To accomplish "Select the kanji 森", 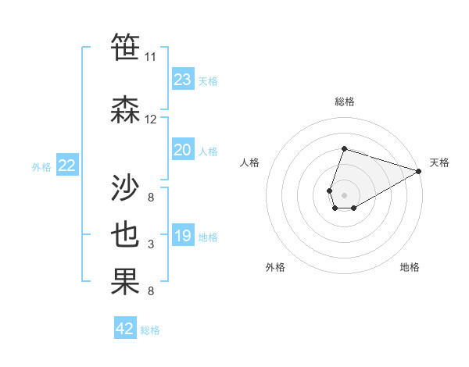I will [x=126, y=109].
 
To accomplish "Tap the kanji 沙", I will [x=126, y=188].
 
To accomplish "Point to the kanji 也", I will [x=126, y=235].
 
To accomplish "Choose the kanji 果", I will [x=126, y=282].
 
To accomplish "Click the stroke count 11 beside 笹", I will [x=150, y=57].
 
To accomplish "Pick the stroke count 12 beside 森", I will [x=150, y=119].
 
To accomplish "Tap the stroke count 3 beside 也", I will [x=150, y=244].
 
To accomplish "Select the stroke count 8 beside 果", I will [x=150, y=291].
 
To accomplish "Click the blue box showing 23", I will [x=182, y=80].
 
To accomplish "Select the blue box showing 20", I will [x=182, y=150].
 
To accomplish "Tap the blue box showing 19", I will [x=182, y=236].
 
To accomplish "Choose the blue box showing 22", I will [x=66, y=165].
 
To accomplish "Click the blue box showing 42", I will [x=125, y=329].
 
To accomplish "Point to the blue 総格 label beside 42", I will [x=150, y=330].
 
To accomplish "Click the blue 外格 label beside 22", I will [x=41, y=166].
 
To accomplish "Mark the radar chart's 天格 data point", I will [x=419, y=172].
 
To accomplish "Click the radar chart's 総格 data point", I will [x=344, y=148].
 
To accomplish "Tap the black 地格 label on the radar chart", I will [x=410, y=267].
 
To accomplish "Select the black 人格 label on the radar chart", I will [x=250, y=162].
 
